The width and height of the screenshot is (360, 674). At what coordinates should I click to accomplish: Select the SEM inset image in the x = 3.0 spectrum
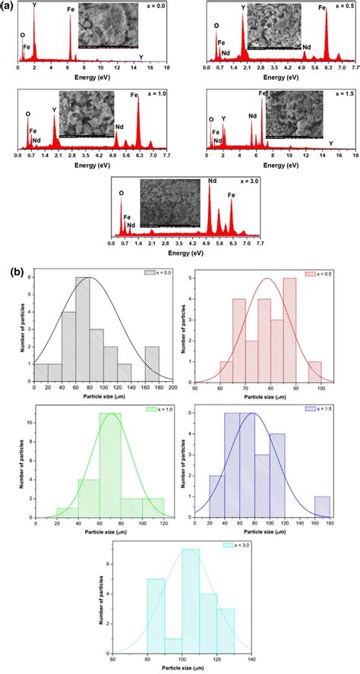coord(174,203)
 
